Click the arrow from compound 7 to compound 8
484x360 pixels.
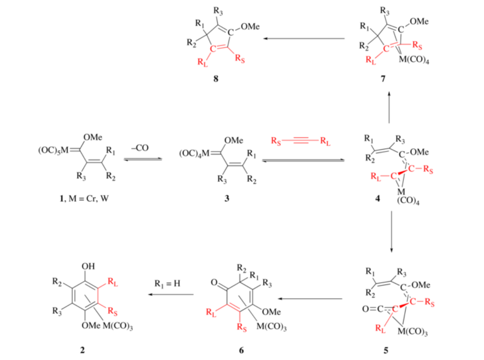tap(305, 39)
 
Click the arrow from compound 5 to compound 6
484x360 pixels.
tap(310, 298)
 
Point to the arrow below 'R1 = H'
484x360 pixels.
tap(172, 295)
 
